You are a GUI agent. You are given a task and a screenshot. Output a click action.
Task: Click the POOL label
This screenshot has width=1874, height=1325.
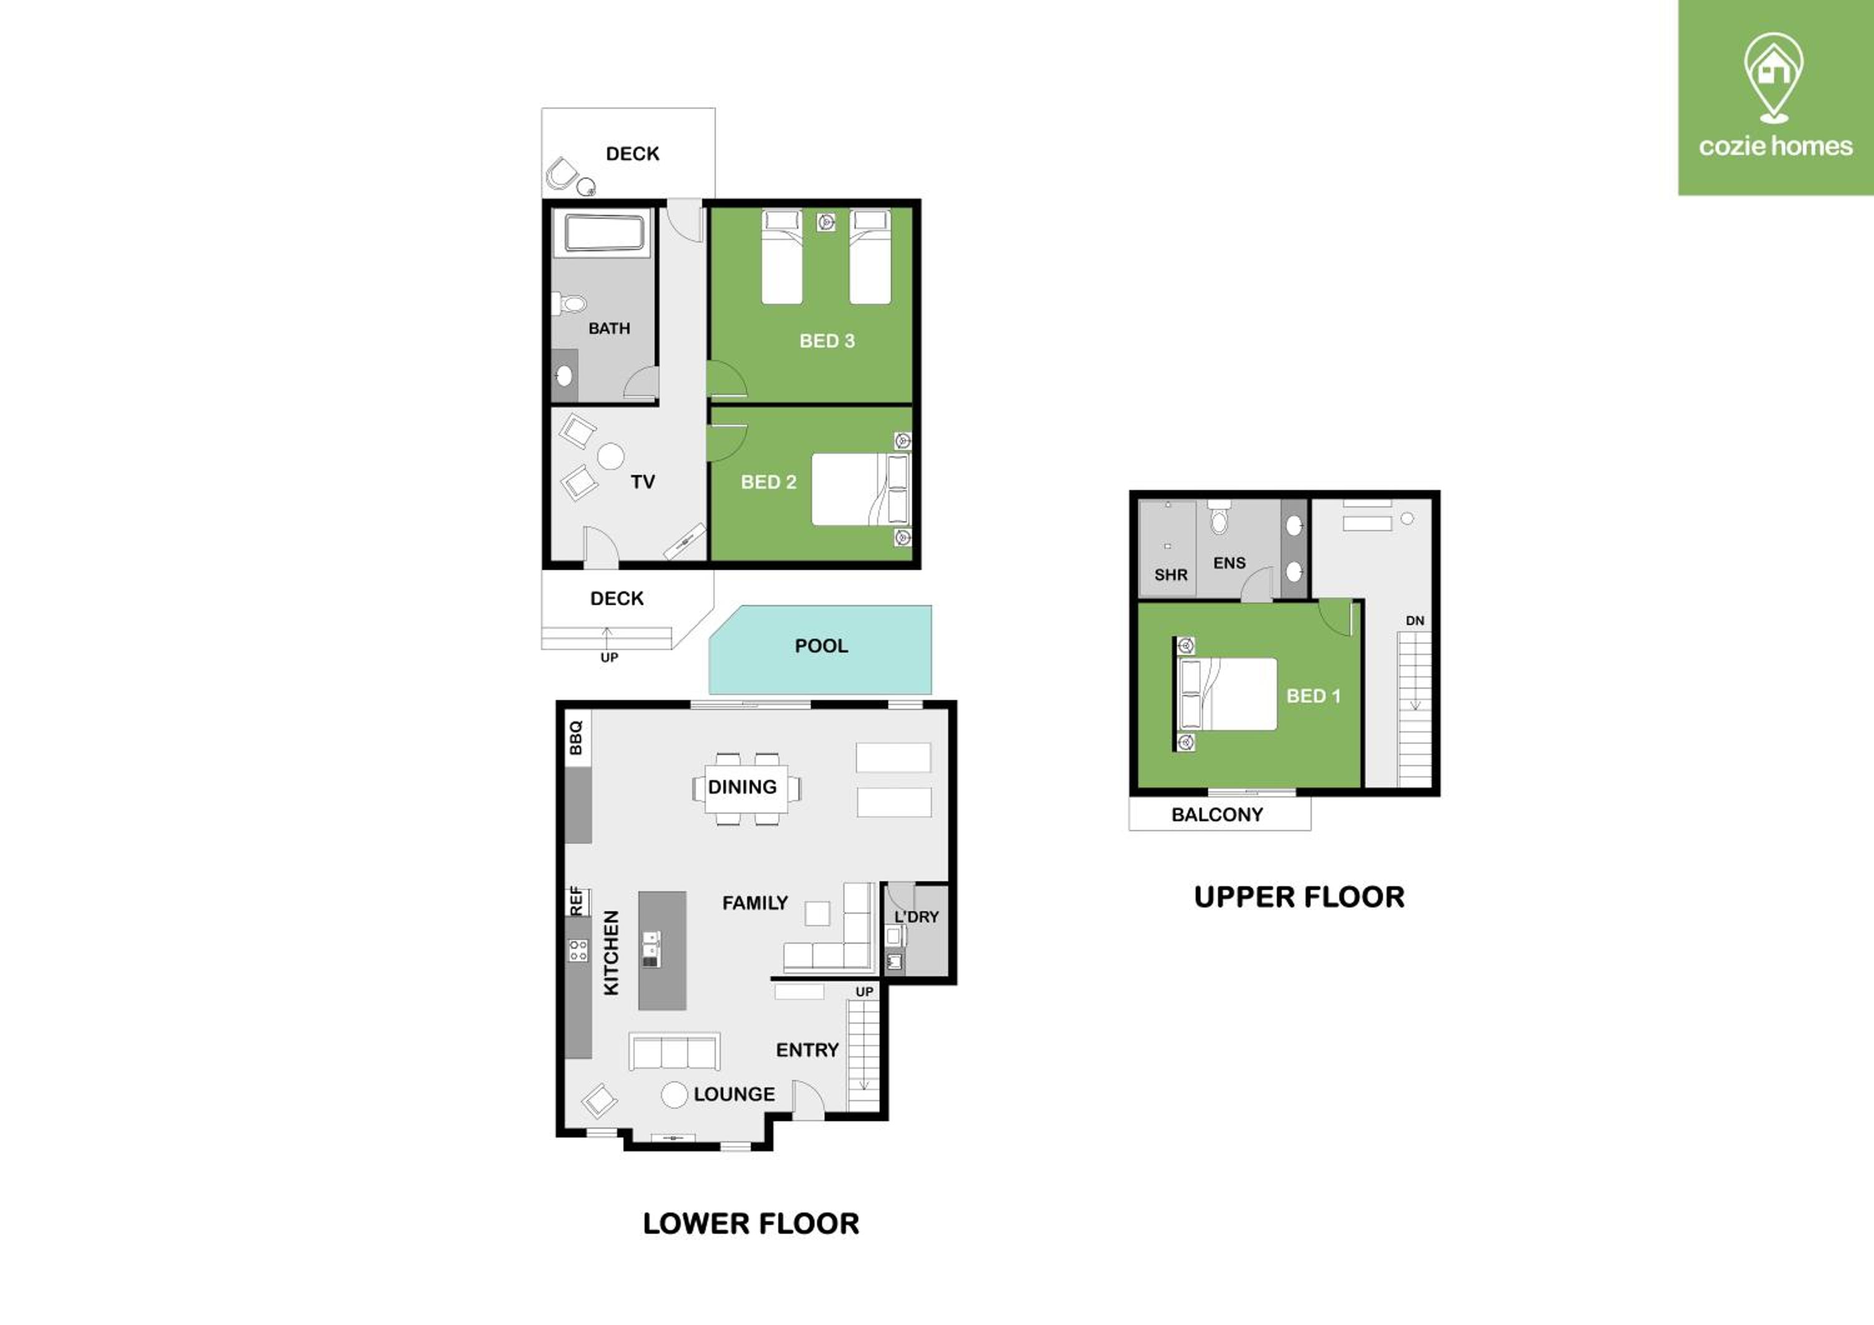pos(821,646)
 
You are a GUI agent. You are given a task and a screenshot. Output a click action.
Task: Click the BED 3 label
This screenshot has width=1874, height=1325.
pos(827,341)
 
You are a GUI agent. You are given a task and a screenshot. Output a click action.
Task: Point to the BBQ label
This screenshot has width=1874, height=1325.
pos(575,737)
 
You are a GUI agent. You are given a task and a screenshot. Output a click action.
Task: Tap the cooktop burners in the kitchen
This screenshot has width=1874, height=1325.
pos(578,949)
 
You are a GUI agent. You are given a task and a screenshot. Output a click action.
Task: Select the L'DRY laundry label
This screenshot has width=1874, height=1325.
pos(916,917)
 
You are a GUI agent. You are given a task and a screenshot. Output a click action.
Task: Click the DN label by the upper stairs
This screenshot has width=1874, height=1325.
pos(1414,621)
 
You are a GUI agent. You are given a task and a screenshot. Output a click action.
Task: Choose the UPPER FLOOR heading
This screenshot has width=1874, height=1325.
pos(1299,897)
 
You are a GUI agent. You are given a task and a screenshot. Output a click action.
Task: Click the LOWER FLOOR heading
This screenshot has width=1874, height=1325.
pos(751,1223)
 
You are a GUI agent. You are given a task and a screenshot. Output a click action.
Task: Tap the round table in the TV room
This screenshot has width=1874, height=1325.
pos(610,456)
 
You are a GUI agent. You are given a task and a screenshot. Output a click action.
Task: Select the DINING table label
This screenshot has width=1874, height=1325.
pos(742,787)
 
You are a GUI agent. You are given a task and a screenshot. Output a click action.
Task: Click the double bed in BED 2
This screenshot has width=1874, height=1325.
pos(859,489)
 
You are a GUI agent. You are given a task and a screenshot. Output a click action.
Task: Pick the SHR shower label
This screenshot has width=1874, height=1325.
pos(1171,575)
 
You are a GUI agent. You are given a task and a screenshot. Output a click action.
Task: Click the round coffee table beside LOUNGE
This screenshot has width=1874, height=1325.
pos(674,1095)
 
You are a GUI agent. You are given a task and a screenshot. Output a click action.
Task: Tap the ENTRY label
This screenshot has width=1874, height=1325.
pos(807,1050)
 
